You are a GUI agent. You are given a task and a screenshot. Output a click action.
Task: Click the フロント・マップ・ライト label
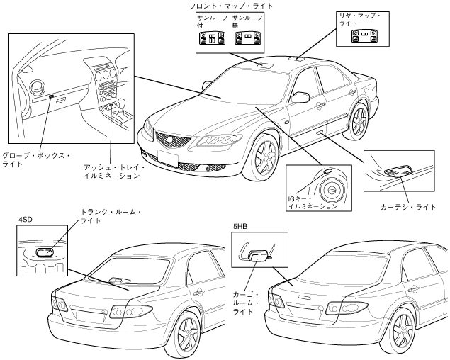(x=230, y=6)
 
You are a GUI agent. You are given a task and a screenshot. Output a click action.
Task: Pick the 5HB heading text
(x=241, y=227)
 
